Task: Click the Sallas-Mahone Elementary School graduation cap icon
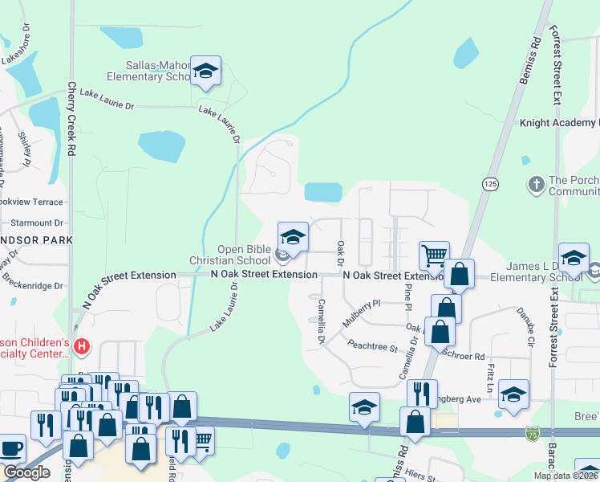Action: tap(206, 70)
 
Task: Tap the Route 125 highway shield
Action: tap(490, 184)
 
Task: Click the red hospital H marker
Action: tap(80, 347)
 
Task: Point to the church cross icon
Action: tap(535, 184)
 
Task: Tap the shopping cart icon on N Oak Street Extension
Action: tap(434, 255)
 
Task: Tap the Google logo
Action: tap(26, 472)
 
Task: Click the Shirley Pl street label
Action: tap(26, 149)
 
